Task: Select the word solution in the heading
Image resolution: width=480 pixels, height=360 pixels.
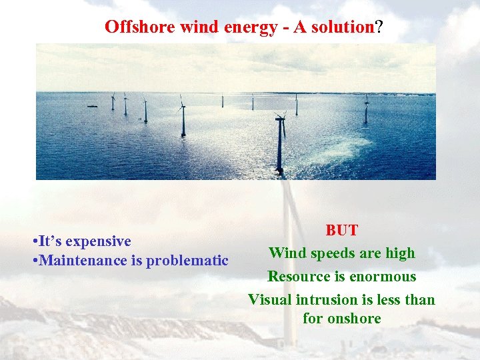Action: (x=343, y=27)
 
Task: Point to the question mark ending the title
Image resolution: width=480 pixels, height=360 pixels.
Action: (x=379, y=27)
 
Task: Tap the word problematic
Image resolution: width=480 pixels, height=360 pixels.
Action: (x=187, y=261)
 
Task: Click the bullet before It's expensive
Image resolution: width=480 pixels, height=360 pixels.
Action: (x=34, y=241)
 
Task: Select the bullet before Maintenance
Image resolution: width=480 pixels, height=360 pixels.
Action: (x=34, y=261)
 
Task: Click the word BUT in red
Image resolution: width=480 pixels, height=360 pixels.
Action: (x=341, y=231)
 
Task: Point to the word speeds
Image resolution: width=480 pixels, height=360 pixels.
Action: (x=332, y=253)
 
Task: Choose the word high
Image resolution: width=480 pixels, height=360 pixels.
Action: (x=400, y=253)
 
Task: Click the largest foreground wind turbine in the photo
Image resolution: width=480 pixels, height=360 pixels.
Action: (x=280, y=143)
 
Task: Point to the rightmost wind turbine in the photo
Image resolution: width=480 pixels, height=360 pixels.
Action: (x=365, y=108)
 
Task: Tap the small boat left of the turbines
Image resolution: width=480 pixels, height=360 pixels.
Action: (x=92, y=106)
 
